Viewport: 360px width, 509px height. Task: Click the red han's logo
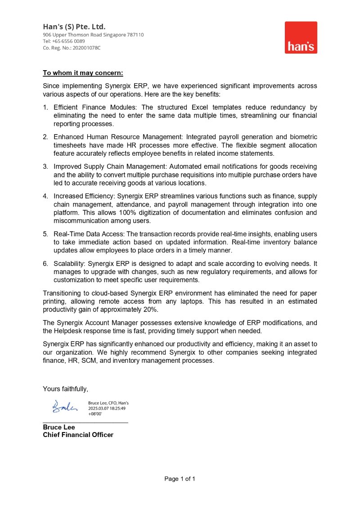301,37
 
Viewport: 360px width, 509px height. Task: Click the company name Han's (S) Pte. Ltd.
74,27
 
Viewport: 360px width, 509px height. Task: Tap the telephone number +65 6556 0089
68,41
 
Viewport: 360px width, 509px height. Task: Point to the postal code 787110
135,35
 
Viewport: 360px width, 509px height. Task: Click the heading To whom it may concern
83,73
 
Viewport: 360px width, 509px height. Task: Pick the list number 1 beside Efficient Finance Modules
45,108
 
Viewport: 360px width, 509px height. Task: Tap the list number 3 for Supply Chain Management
45,167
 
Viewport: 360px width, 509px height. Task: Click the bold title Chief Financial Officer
78,435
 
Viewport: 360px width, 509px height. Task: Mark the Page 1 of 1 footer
180,479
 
